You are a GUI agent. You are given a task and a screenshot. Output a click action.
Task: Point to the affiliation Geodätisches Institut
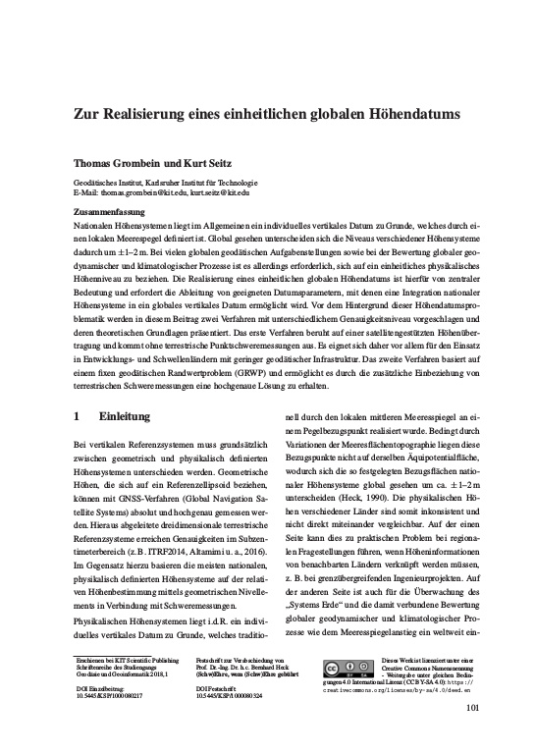pyautogui.click(x=111, y=183)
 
